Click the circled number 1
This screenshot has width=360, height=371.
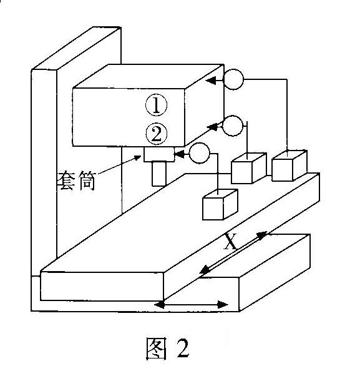[x=156, y=105]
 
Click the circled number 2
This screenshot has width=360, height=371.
[x=157, y=134]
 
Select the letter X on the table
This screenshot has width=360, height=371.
[x=230, y=241]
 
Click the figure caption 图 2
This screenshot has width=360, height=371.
[x=167, y=349]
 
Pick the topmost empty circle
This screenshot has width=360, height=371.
[x=233, y=79]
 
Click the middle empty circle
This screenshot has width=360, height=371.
[x=233, y=126]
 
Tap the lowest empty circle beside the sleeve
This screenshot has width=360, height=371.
[x=200, y=153]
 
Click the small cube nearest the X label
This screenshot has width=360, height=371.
[x=220, y=205]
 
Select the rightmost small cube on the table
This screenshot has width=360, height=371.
[x=289, y=166]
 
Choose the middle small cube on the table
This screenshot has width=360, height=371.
[x=249, y=168]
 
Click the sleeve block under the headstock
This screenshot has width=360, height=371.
[x=159, y=154]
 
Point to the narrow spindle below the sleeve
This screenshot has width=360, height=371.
[x=159, y=174]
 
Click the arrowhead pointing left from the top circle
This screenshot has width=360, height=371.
[x=211, y=81]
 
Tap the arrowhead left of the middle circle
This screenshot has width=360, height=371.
[x=212, y=127]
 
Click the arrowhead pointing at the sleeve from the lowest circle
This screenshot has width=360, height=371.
[x=179, y=154]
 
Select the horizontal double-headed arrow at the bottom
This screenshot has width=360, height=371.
[x=191, y=305]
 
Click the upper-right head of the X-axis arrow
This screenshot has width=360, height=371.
[x=262, y=235]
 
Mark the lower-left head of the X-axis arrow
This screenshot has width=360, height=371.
[x=205, y=270]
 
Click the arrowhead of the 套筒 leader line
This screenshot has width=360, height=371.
[x=137, y=158]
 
